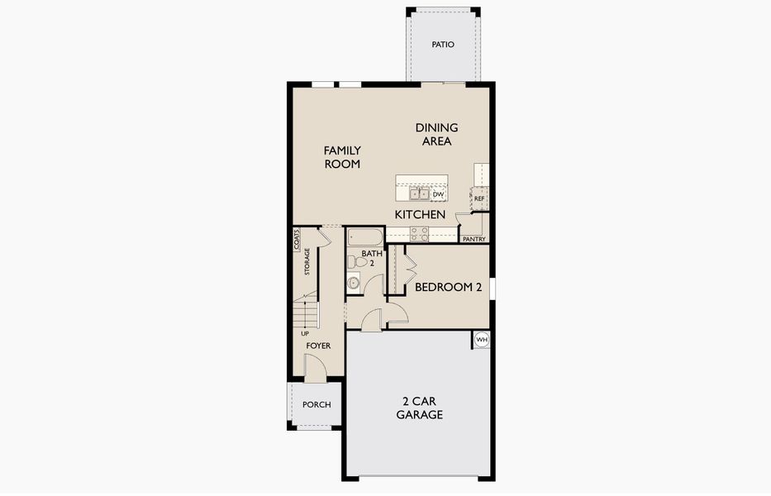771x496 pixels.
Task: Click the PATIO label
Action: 443,45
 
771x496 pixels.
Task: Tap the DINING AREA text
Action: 436,135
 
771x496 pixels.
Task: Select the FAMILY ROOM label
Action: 342,157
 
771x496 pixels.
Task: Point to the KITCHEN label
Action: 420,215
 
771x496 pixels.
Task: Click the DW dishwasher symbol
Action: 439,195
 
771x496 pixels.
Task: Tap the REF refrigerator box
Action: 479,198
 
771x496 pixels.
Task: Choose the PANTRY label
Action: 474,240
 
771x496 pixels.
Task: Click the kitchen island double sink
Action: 417,194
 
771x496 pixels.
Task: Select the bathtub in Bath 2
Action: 364,236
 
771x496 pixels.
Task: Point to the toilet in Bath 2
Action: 354,261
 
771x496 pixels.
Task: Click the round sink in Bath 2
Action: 354,283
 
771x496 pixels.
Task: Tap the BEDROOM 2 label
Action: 448,288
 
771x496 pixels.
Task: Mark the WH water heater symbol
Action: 482,340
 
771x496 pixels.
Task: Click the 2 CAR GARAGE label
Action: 419,408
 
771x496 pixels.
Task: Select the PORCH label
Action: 316,405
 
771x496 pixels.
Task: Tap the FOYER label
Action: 318,346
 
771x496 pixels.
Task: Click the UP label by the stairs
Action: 305,333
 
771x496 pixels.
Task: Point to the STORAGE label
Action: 307,261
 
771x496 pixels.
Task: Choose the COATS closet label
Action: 297,239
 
